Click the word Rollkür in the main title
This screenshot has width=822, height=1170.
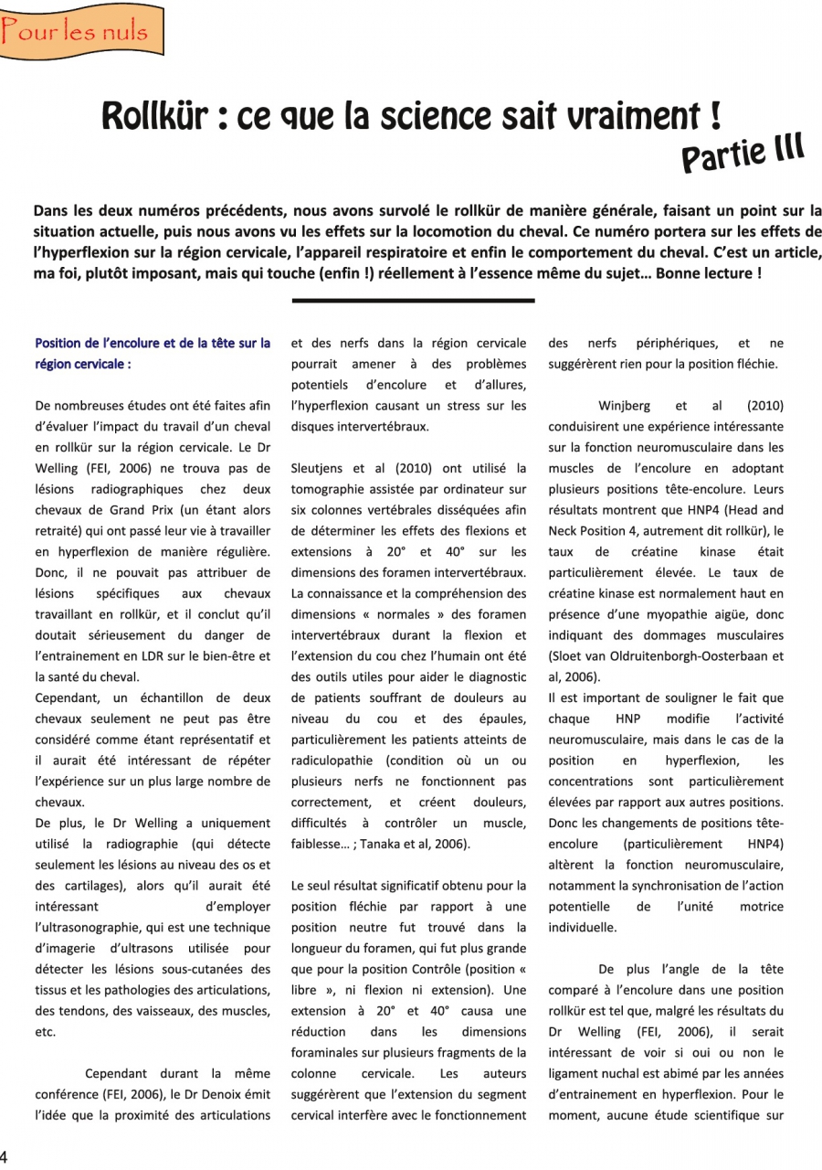click(159, 117)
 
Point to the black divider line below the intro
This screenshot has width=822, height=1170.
click(413, 300)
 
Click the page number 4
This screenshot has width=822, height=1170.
click(5, 1154)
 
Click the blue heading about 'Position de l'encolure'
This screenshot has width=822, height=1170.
click(153, 354)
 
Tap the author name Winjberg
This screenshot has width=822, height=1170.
click(627, 405)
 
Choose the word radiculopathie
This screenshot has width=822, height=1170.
click(332, 760)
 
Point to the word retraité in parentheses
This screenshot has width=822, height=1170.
click(58, 531)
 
